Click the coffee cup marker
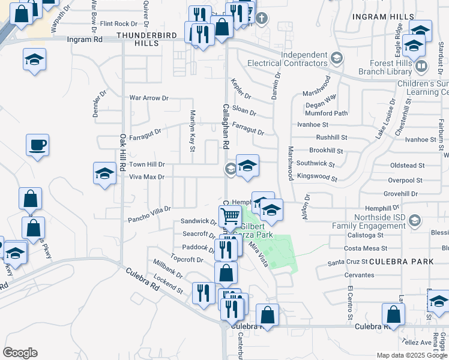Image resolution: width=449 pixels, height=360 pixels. coord(37,145)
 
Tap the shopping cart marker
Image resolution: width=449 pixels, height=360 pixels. coord(230,216)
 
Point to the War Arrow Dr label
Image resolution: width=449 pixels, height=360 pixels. coord(149,98)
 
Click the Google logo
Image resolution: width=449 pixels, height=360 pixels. coord(20,353)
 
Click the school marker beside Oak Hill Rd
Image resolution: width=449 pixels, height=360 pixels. coord(104,173)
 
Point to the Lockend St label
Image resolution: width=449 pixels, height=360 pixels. coord(167,290)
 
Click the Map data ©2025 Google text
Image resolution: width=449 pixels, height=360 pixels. coord(412,355)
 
